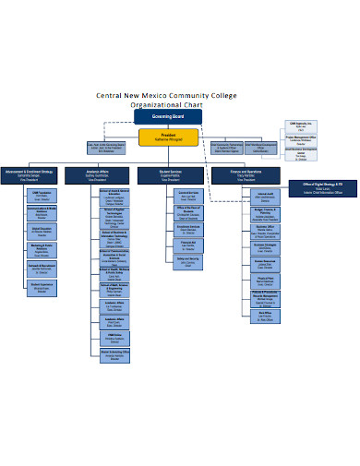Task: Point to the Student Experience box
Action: click(x=43, y=287)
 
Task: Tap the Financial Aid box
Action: click(x=187, y=244)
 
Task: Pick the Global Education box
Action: click(x=43, y=230)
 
